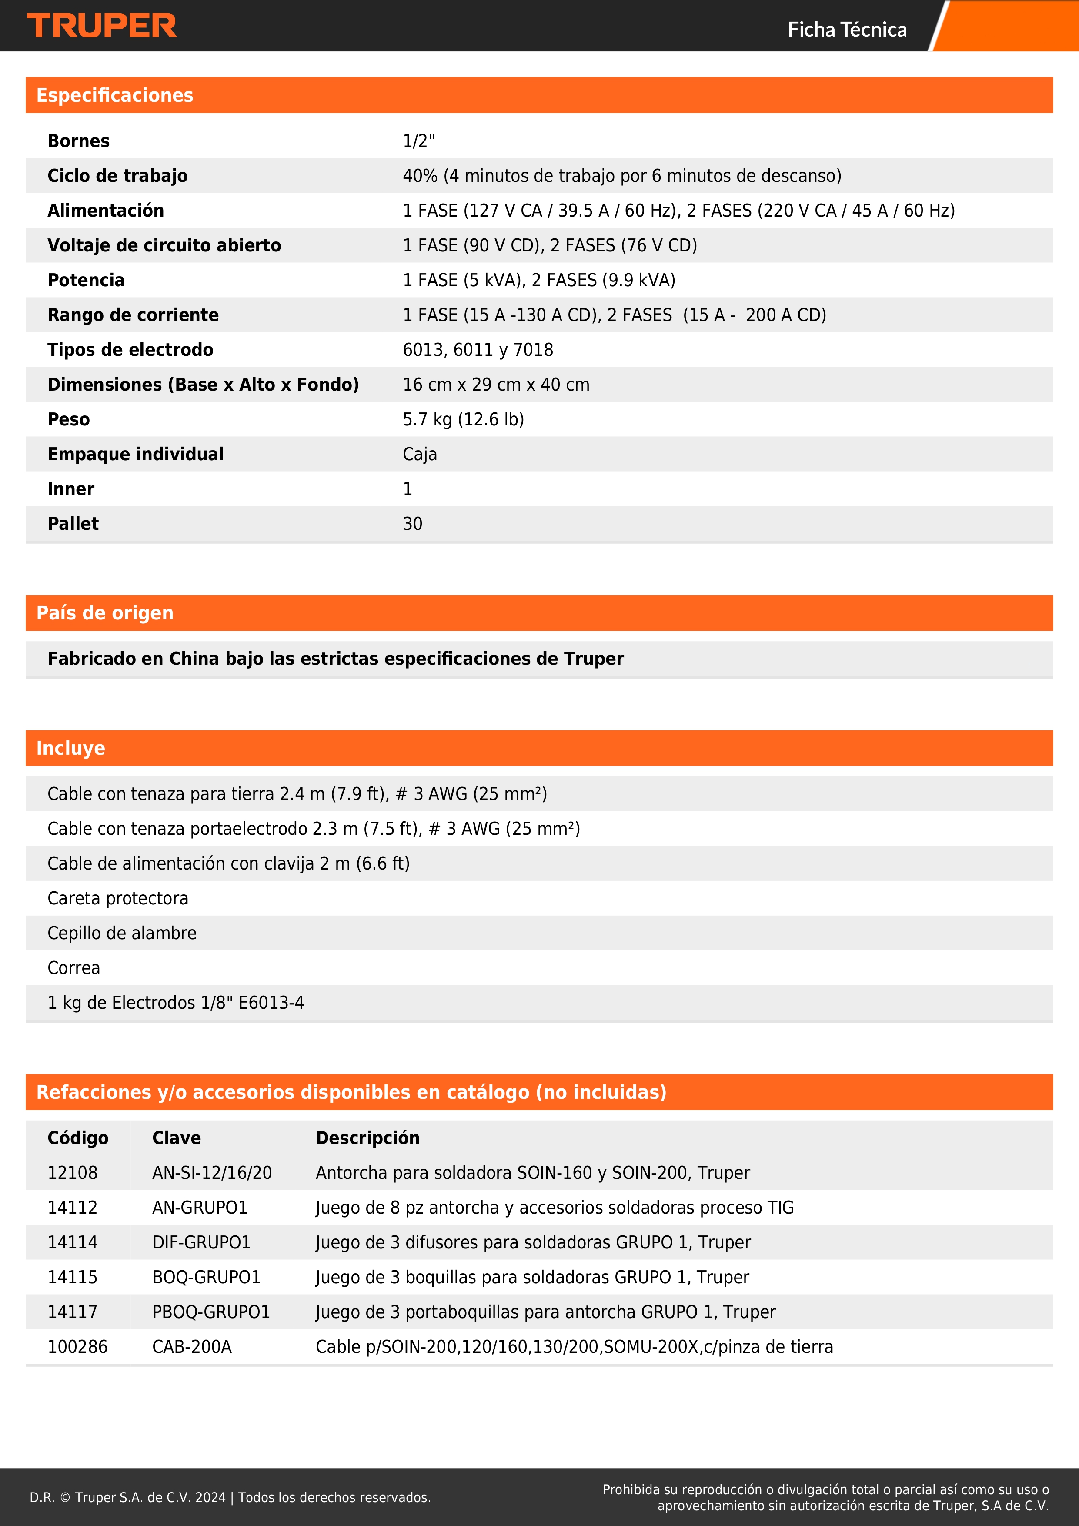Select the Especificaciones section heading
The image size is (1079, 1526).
click(x=115, y=95)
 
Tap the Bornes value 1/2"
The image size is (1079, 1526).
click(x=418, y=141)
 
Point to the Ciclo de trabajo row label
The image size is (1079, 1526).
click(x=117, y=175)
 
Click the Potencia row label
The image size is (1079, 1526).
click(x=86, y=280)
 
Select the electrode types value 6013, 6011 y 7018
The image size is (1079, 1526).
click(x=478, y=350)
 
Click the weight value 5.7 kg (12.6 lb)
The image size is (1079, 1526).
click(x=463, y=419)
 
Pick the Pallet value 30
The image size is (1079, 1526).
click(x=413, y=524)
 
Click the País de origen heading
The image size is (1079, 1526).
click(x=105, y=613)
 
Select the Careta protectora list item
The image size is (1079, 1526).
click(x=117, y=898)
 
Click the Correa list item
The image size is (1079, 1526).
click(x=74, y=968)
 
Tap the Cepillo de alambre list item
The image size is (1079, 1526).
click(x=122, y=933)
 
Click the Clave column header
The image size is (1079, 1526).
click(x=176, y=1138)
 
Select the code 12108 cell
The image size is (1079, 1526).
click(x=73, y=1172)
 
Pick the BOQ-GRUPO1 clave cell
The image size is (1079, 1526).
click(x=206, y=1277)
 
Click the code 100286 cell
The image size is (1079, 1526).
click(x=77, y=1346)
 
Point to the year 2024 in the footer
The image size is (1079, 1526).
click(x=210, y=1497)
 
